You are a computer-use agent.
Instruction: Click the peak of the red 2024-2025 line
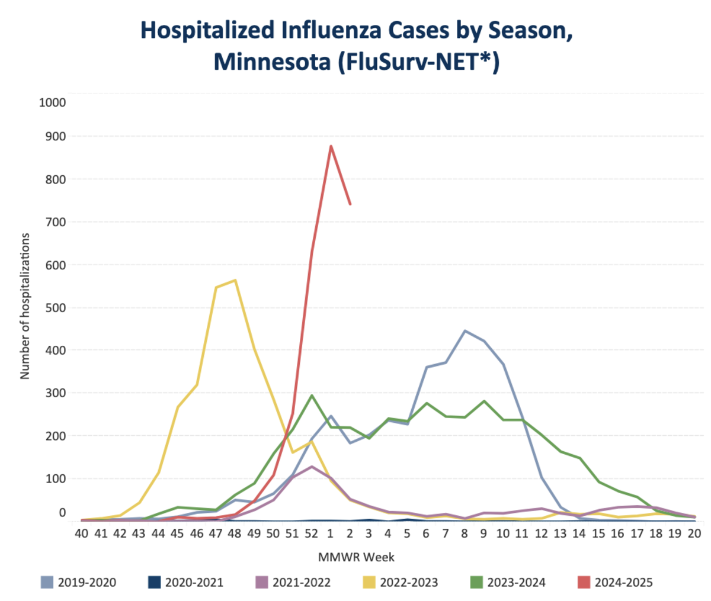pyautogui.click(x=331, y=146)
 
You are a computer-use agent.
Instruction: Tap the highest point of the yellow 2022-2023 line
pyautogui.click(x=236, y=280)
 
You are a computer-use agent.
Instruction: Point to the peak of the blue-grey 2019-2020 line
pyautogui.click(x=465, y=330)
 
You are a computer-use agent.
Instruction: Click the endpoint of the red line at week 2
pyautogui.click(x=350, y=204)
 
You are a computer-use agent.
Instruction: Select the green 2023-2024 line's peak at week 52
pyautogui.click(x=312, y=396)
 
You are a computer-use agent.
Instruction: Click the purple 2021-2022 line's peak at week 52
pyautogui.click(x=312, y=467)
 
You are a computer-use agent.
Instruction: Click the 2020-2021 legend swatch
pyautogui.click(x=155, y=582)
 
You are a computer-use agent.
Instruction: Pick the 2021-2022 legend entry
pyautogui.click(x=294, y=582)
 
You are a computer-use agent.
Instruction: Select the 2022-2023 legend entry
pyautogui.click(x=401, y=582)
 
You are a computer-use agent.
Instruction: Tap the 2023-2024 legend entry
pyautogui.click(x=509, y=582)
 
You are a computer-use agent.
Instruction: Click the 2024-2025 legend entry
pyautogui.click(x=616, y=582)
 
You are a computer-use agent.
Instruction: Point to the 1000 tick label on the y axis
pyautogui.click(x=52, y=102)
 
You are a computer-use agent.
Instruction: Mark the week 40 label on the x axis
pyautogui.click(x=82, y=533)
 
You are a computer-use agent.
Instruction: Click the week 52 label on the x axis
pyautogui.click(x=312, y=533)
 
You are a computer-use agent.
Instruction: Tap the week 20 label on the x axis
pyautogui.click(x=694, y=533)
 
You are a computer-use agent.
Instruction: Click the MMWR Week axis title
pyautogui.click(x=356, y=557)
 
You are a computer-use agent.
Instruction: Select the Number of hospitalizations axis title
pyautogui.click(x=25, y=306)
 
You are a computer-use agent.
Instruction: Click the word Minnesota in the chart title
pyautogui.click(x=272, y=61)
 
